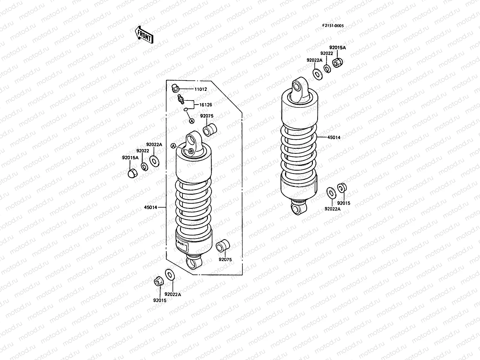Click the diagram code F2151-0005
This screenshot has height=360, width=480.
(x=333, y=26)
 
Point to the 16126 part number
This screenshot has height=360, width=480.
(x=206, y=105)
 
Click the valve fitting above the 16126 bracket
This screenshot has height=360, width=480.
(x=180, y=99)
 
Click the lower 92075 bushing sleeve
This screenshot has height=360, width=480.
(x=222, y=246)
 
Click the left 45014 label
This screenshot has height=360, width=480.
(x=151, y=207)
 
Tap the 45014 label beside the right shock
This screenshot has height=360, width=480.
(x=334, y=137)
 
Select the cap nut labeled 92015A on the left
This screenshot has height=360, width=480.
(x=132, y=173)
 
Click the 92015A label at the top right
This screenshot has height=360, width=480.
(x=337, y=47)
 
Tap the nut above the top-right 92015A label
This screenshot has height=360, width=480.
(x=338, y=63)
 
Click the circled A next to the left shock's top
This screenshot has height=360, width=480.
(x=173, y=145)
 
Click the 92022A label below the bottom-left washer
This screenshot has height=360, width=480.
(x=173, y=294)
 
